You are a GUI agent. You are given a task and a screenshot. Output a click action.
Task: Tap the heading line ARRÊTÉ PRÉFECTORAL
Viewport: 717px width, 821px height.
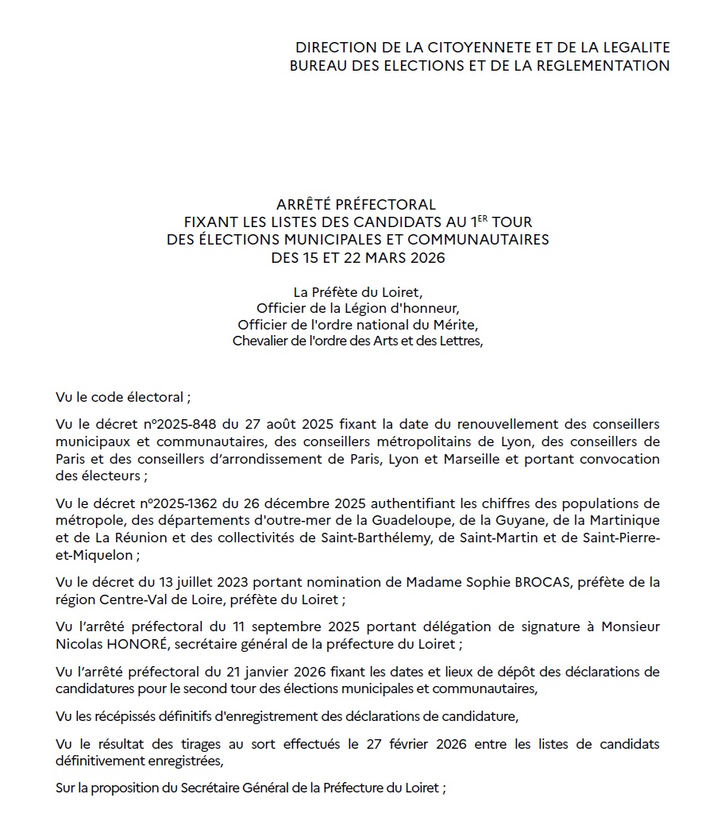point(357,205)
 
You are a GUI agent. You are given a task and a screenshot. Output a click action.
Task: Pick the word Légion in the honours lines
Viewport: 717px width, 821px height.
point(359,308)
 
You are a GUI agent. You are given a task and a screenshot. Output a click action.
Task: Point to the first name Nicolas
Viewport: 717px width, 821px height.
point(78,643)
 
